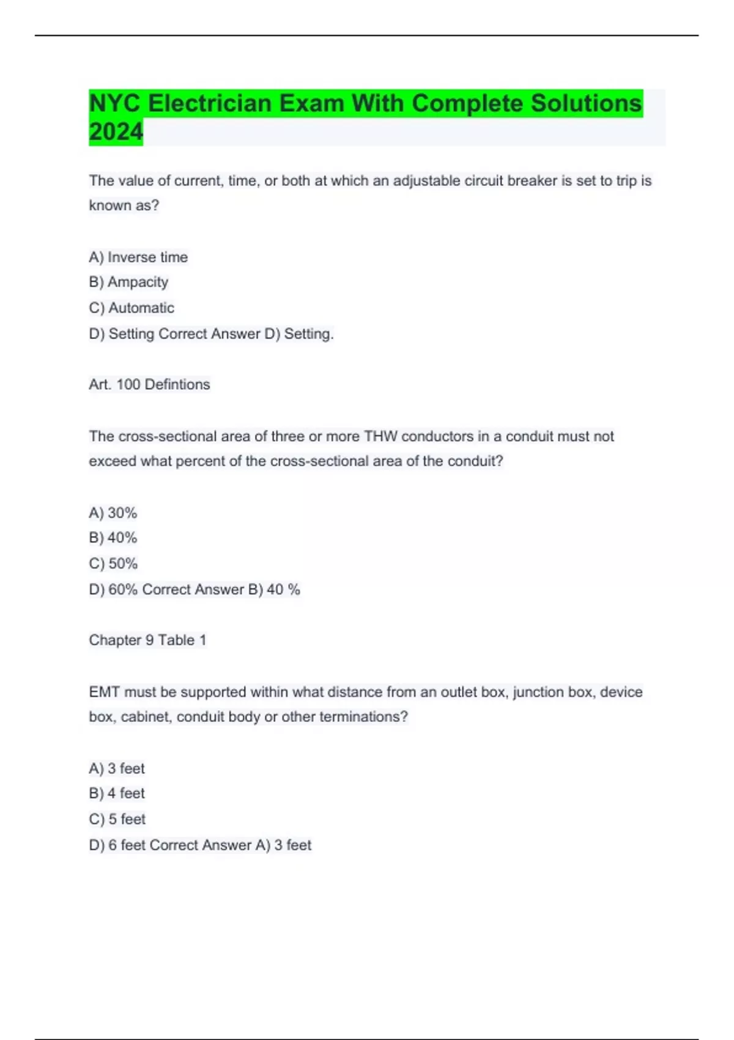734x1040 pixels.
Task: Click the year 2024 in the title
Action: pos(116,132)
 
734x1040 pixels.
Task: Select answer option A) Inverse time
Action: pos(138,257)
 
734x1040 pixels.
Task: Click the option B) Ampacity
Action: pos(128,282)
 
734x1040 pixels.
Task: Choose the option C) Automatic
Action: pos(132,308)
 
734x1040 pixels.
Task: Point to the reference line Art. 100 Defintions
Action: pos(149,384)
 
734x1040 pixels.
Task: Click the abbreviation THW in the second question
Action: pos(380,436)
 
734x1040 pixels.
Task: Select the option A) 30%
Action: pos(113,513)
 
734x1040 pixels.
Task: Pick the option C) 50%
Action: pos(113,563)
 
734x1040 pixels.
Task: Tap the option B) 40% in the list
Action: pos(113,538)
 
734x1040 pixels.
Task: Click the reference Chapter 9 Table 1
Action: pos(147,640)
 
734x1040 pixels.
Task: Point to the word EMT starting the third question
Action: pos(105,692)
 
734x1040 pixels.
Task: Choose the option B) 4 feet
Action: pos(117,793)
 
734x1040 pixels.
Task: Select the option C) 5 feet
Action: pos(117,819)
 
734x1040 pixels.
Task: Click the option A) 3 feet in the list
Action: pos(117,768)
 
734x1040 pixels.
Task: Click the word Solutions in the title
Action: pos(586,103)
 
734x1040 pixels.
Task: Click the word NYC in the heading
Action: pos(115,103)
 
